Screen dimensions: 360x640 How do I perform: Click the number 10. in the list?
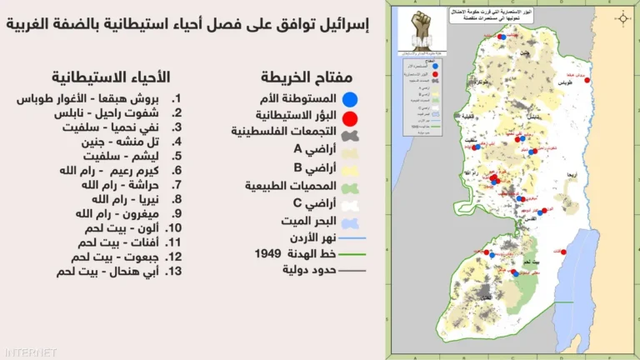pos(173,227)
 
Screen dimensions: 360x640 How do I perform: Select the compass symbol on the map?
pos(622,17)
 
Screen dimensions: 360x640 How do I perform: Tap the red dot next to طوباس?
pos(587,80)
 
